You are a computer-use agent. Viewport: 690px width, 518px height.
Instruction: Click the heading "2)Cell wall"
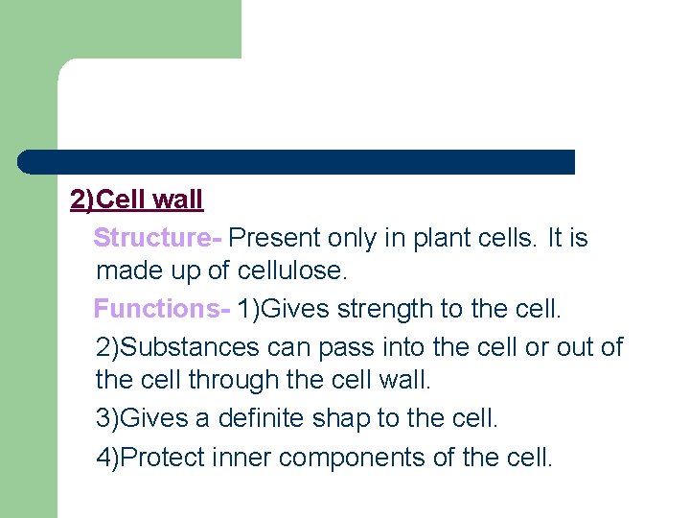point(137,200)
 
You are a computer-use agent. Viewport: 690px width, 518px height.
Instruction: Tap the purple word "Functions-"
point(162,309)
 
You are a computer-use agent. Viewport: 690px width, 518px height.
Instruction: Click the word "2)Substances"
point(177,346)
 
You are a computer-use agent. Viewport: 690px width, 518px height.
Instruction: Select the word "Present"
point(274,237)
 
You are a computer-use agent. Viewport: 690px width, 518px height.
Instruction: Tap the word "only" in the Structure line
point(355,237)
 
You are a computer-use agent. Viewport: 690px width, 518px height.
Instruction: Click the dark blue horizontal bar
point(296,161)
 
